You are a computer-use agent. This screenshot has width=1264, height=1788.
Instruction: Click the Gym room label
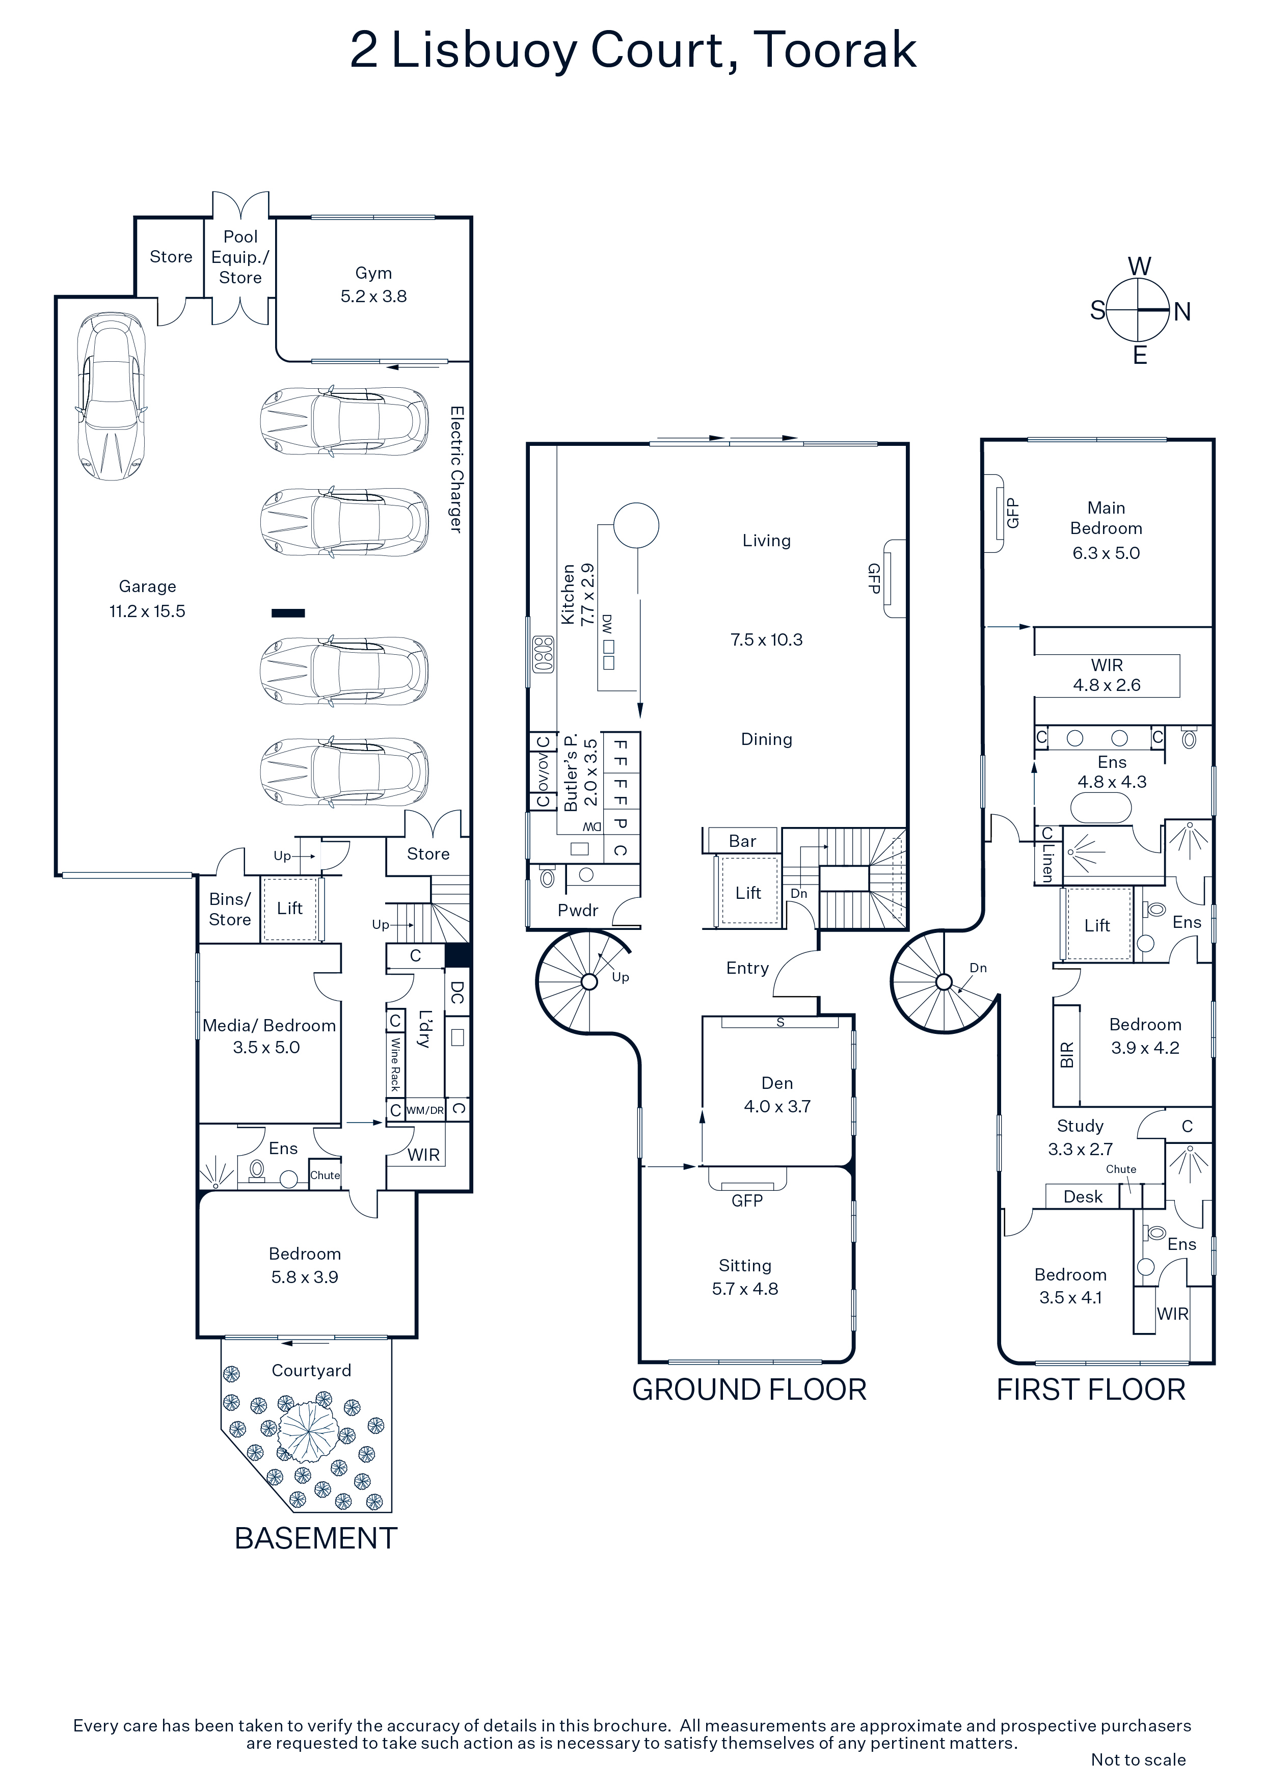[x=374, y=273]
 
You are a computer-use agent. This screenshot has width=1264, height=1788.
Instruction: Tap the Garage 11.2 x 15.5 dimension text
[x=147, y=611]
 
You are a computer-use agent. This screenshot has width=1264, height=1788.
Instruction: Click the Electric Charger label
[x=457, y=470]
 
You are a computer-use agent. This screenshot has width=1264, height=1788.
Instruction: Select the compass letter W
[x=1139, y=266]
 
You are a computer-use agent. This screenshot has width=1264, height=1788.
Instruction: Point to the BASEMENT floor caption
[x=316, y=1538]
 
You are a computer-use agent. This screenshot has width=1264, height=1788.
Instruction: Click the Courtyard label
[x=311, y=1371]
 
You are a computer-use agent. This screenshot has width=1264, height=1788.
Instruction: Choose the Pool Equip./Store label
[x=240, y=257]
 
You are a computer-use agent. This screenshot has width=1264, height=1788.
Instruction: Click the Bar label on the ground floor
[x=742, y=841]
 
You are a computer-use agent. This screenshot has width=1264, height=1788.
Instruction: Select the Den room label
[x=777, y=1083]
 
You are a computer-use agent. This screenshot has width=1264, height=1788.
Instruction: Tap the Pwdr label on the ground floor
[x=578, y=911]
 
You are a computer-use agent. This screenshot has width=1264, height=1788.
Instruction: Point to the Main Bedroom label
[x=1106, y=518]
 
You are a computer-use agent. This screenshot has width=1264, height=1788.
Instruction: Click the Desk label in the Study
[x=1083, y=1197]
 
